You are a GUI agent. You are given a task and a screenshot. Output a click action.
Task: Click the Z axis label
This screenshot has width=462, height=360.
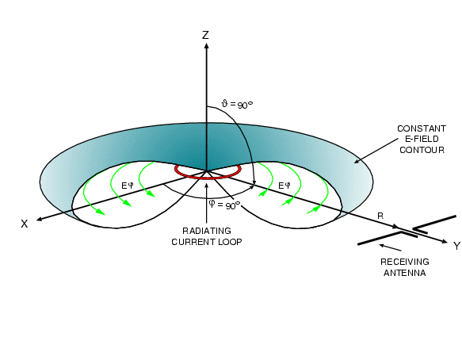click(x=205, y=35)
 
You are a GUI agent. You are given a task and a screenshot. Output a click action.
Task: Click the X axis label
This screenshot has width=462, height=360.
click(x=25, y=224)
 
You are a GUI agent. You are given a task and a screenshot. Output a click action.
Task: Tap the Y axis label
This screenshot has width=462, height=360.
click(x=456, y=246)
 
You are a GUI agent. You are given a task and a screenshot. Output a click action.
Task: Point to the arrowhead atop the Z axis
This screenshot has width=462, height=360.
click(x=207, y=46)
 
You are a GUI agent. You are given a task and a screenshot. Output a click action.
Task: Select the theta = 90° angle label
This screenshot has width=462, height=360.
click(x=237, y=104)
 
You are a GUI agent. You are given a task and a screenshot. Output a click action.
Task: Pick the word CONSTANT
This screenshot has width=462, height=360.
click(x=422, y=128)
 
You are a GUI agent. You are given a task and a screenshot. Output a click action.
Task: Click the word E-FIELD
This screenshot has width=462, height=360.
click(x=422, y=139)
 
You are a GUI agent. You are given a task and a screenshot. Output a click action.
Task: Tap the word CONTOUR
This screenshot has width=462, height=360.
click(x=422, y=150)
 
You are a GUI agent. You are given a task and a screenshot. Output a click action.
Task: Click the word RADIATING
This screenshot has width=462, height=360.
click(x=207, y=231)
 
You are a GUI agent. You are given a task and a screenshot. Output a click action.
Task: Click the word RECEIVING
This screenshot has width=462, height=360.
click(x=405, y=262)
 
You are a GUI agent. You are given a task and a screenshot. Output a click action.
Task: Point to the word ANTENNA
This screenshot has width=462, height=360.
click(x=405, y=273)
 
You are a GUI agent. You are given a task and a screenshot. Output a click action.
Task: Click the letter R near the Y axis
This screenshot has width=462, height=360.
click(x=380, y=216)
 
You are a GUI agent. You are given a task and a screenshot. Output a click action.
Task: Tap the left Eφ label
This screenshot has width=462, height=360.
click(x=128, y=186)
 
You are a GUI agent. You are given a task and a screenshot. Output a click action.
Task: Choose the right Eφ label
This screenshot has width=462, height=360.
click(x=284, y=186)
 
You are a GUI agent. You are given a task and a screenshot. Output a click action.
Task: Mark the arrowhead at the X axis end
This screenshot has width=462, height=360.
click(x=39, y=219)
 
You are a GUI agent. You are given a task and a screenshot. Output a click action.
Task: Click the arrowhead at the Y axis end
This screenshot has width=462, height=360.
click(x=445, y=242)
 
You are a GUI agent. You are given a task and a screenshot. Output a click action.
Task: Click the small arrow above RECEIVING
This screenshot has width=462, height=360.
click(x=390, y=247)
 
